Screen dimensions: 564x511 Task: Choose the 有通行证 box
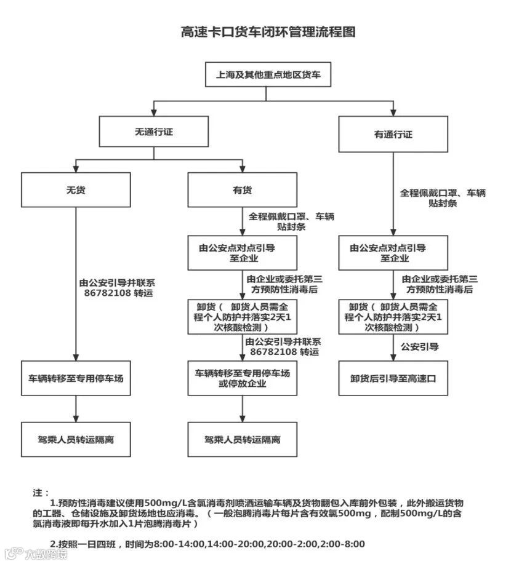point(393,134)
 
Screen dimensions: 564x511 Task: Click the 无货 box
point(76,190)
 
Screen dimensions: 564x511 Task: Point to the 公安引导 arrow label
point(422,347)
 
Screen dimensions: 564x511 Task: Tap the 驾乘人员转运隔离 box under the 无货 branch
point(76,440)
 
